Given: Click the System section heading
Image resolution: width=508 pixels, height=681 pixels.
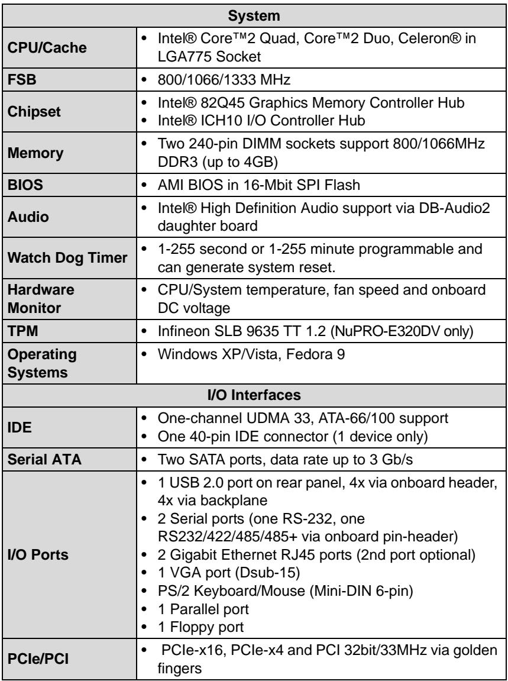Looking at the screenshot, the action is point(254,17).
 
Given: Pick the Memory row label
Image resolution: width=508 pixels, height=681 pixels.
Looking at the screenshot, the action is point(36,153).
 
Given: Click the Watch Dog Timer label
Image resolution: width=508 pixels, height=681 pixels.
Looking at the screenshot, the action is point(67,257).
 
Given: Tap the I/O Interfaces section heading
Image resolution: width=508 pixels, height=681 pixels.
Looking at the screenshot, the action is point(254,395).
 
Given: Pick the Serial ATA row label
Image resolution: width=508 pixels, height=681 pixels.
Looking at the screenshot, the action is point(45,458).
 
